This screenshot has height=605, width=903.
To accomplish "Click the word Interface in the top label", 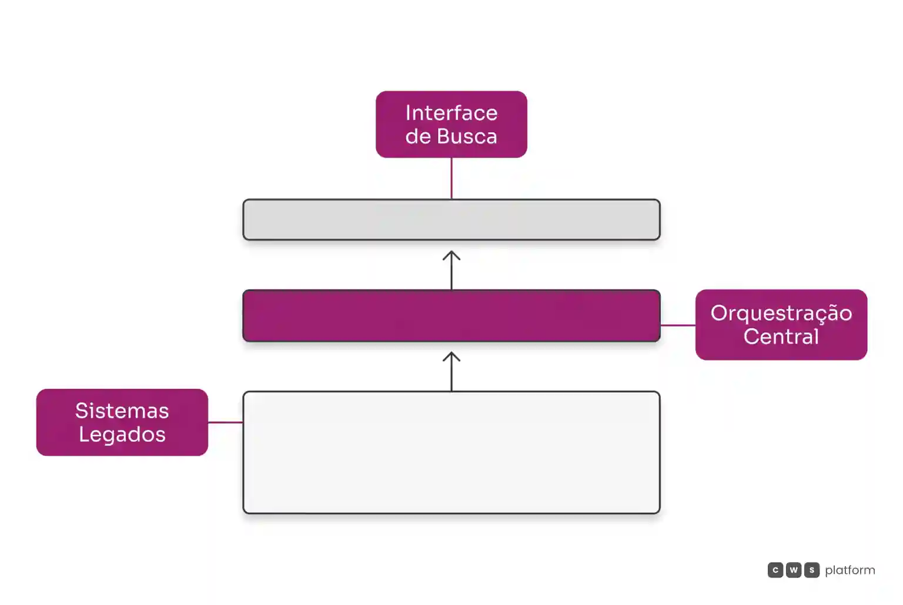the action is pyautogui.click(x=451, y=113).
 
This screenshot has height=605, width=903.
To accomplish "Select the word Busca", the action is pyautogui.click(x=467, y=136).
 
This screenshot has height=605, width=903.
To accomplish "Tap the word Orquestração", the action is pyautogui.click(x=781, y=314).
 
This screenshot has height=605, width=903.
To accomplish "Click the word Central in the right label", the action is pyautogui.click(x=781, y=337).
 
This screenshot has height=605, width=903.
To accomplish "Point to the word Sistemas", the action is pyautogui.click(x=122, y=411).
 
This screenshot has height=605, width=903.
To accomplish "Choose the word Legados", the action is pyautogui.click(x=122, y=435).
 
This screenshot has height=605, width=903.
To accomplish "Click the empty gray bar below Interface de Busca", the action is pyautogui.click(x=451, y=220).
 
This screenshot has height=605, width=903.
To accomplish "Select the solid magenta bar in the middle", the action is pyautogui.click(x=451, y=316).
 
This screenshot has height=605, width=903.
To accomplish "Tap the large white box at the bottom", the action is pyautogui.click(x=451, y=452).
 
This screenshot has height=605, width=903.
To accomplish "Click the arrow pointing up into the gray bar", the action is pyautogui.click(x=451, y=270).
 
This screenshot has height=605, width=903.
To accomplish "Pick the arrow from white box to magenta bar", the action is pyautogui.click(x=451, y=371).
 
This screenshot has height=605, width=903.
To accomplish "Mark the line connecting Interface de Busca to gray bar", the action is pyautogui.click(x=451, y=179).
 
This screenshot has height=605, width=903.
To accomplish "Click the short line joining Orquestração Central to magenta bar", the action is pyautogui.click(x=678, y=325).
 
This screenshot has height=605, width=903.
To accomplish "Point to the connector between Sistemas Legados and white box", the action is pyautogui.click(x=225, y=422).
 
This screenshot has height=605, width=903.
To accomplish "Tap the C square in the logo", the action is pyautogui.click(x=775, y=570).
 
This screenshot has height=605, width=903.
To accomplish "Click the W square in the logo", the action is pyautogui.click(x=793, y=570).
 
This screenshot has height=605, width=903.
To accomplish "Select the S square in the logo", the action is pyautogui.click(x=811, y=570).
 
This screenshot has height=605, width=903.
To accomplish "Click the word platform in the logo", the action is pyautogui.click(x=850, y=570).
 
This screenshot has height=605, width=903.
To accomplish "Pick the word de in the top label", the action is pyautogui.click(x=418, y=136).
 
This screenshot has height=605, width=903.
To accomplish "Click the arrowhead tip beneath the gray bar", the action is pyautogui.click(x=451, y=252).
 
